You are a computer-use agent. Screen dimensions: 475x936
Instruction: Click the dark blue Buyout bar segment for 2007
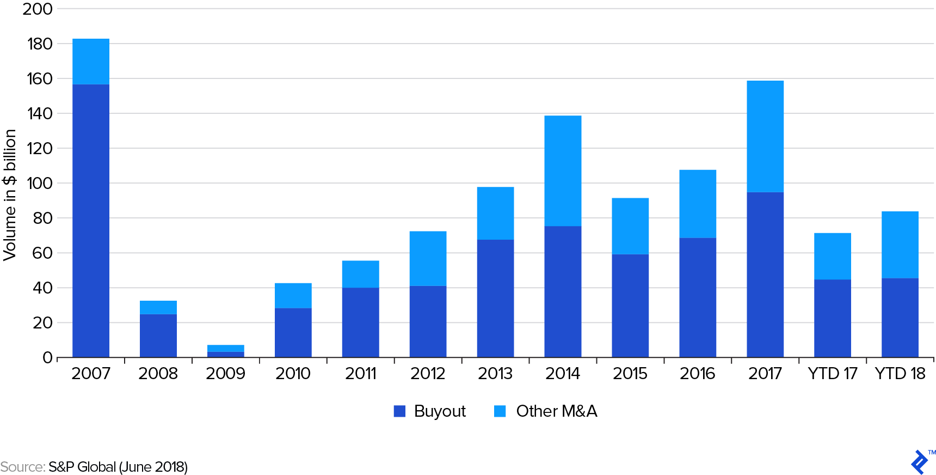[91, 221]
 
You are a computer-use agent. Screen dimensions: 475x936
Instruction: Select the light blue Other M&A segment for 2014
[563, 170]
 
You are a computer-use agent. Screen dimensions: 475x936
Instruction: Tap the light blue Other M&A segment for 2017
[765, 136]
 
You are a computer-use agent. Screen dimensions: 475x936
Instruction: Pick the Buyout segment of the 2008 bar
[158, 336]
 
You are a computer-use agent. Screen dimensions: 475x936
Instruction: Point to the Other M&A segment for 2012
[428, 258]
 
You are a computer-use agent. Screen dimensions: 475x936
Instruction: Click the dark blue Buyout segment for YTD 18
[900, 318]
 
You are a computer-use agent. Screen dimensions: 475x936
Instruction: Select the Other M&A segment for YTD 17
[833, 256]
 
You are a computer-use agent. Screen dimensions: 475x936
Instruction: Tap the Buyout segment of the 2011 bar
[361, 322]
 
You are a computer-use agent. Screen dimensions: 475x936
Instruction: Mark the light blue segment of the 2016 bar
[698, 204]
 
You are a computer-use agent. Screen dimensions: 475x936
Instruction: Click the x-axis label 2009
[225, 374]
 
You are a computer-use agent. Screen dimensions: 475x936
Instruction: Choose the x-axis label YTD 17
[833, 374]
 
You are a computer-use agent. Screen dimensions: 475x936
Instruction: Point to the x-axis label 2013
[495, 374]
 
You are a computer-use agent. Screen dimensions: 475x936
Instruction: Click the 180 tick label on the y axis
[40, 44]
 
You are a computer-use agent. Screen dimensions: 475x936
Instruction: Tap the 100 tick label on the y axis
[40, 184]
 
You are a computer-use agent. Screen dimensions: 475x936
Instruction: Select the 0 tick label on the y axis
[47, 358]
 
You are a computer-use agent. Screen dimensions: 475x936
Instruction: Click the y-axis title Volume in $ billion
[10, 195]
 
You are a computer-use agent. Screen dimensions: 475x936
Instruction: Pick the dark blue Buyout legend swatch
[400, 411]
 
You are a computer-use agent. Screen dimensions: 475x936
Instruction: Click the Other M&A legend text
[556, 411]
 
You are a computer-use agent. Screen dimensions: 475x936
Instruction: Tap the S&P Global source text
[118, 467]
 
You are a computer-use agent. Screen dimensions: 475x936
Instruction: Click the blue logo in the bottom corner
[919, 462]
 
